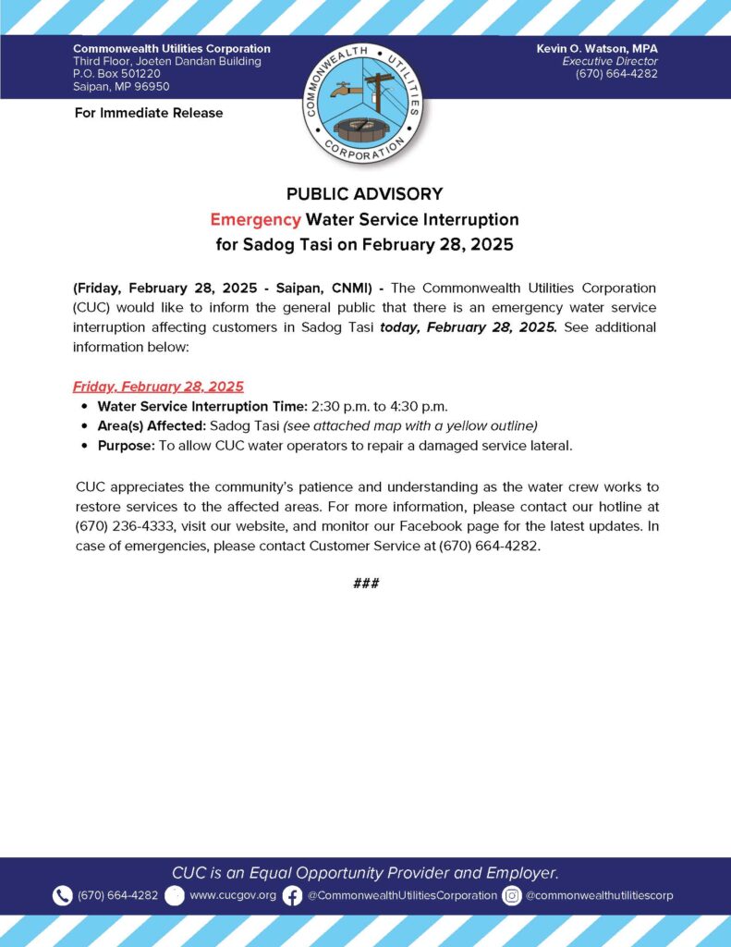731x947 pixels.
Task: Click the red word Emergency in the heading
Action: tap(255, 220)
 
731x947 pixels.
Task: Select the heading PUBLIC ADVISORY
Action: tap(364, 194)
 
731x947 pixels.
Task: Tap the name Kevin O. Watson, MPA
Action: tap(597, 48)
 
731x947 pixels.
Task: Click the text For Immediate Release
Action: tap(148, 113)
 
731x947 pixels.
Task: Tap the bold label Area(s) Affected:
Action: tap(152, 425)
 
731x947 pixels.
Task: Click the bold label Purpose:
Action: tap(127, 445)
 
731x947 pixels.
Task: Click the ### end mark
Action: tap(366, 584)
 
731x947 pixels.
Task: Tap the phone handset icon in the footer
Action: tap(62, 895)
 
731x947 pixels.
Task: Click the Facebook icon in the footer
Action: tap(292, 895)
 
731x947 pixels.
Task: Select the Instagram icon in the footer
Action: tap(512, 895)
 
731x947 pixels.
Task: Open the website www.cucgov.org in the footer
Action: tap(233, 895)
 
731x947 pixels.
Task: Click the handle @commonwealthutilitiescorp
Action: tap(599, 895)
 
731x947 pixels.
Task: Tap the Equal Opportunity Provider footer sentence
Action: tap(365, 873)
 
